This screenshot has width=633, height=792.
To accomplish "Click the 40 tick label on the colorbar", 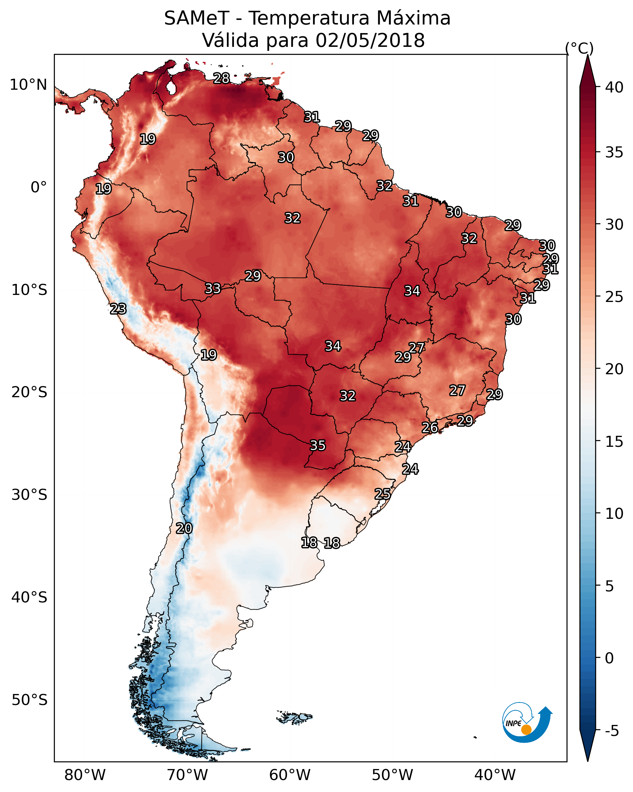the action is [x=614, y=87].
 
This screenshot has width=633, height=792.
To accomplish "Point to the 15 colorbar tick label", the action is [x=614, y=441].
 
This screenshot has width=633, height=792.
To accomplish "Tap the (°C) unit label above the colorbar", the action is [x=579, y=48].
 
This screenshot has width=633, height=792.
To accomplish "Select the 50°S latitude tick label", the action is [x=29, y=700].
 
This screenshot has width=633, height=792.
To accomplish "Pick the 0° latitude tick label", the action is [x=39, y=187].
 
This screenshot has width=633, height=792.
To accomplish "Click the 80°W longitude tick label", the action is [x=85, y=775].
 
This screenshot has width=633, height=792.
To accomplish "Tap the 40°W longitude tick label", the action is [x=495, y=775].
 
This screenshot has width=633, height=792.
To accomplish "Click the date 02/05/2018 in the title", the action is [x=370, y=40].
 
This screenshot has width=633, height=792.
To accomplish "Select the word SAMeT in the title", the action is [x=197, y=18].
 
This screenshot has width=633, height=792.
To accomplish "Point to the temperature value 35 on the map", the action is [x=318, y=445].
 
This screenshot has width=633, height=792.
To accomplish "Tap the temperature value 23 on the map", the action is [x=118, y=309].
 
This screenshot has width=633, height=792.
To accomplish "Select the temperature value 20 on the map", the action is [x=184, y=528].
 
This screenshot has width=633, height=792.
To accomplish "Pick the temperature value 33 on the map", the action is [x=213, y=289].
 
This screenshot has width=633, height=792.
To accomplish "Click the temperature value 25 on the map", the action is [x=382, y=494].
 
